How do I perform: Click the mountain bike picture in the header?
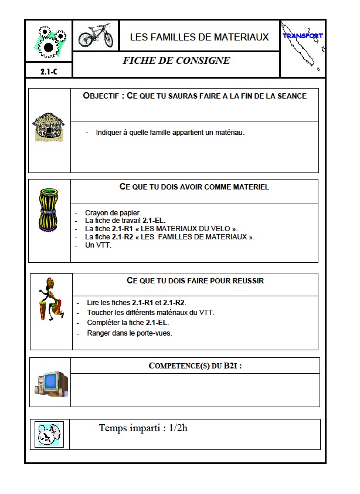tap(96, 36)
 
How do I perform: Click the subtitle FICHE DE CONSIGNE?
tap(176, 60)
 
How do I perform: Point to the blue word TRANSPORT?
tap(303, 36)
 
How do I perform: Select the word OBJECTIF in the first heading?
tap(103, 96)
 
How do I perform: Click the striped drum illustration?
tap(48, 209)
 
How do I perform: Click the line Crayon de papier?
tap(113, 213)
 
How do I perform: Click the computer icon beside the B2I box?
tap(51, 383)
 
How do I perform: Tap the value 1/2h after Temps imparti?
tap(178, 428)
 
